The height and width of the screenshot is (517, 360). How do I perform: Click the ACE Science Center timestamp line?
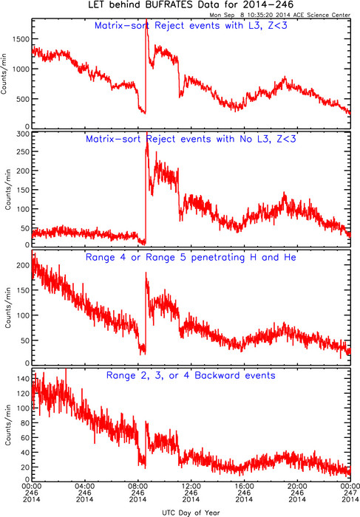point(280,15)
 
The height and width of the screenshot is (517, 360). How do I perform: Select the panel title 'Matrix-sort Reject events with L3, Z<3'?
point(191,25)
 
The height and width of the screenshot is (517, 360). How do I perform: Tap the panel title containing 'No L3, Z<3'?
point(191,139)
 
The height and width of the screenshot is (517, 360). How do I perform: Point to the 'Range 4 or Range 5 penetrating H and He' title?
point(191,257)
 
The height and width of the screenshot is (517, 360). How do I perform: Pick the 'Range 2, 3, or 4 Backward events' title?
point(191,375)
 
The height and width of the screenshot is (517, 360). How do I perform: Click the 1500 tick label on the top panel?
point(21,39)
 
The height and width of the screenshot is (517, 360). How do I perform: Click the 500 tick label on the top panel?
point(23,99)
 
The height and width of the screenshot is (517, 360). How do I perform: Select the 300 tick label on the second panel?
point(23,134)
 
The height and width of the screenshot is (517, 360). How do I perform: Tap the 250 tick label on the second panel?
point(23,151)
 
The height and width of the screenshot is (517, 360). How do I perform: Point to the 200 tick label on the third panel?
point(23,265)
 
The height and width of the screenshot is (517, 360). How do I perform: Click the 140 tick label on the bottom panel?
point(23,378)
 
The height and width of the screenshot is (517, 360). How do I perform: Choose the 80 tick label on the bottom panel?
point(25,422)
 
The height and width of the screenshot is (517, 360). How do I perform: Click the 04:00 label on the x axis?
point(85,486)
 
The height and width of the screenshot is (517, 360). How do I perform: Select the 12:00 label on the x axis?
point(191,486)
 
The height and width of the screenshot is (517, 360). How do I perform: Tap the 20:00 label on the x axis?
point(297,486)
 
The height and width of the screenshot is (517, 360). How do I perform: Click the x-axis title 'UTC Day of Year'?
point(191,513)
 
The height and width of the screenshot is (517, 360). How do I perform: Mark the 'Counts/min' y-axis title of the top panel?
point(4,74)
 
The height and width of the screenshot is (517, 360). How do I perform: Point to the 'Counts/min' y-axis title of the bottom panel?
point(8,425)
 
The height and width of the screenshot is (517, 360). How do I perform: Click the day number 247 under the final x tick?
point(350,493)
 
